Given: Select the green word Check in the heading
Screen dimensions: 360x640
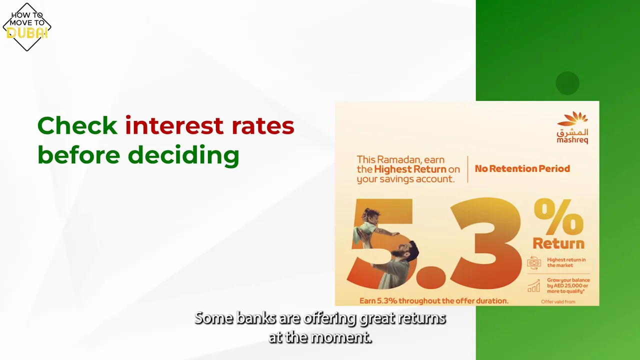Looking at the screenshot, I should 77,125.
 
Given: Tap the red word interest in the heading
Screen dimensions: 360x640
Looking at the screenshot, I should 174,125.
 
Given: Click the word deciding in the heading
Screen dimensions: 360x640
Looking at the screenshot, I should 183,155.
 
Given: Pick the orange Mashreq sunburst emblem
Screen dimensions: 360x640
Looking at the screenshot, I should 572,119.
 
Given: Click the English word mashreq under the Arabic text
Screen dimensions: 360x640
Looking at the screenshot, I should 572,140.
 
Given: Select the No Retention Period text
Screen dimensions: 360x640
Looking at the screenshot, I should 522,169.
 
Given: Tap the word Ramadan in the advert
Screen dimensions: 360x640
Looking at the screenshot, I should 395,159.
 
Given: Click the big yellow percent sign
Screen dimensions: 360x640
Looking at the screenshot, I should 558,217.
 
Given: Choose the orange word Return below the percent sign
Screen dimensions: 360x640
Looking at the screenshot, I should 558,243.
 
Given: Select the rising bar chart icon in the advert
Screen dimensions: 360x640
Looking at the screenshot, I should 534,286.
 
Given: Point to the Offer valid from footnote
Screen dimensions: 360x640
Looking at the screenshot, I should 558,301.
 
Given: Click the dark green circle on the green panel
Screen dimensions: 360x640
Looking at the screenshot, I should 567,83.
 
